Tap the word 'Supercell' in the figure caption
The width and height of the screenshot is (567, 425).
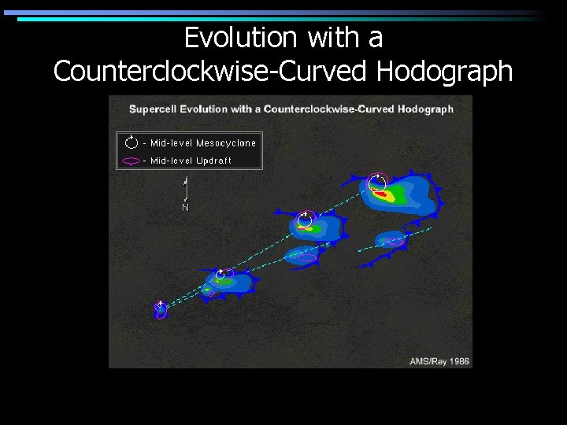154,109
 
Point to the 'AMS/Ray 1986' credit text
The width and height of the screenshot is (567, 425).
439,361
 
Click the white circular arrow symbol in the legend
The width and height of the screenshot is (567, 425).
132,142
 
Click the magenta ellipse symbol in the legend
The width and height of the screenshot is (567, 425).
132,161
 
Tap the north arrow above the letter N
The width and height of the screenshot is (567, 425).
185,189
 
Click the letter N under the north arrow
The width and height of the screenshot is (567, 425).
185,208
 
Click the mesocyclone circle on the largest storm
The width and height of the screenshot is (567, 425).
378,182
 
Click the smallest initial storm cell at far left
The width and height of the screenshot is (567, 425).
161,309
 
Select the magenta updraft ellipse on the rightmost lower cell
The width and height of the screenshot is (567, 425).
393,241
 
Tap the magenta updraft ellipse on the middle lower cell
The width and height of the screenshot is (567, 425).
306,257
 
